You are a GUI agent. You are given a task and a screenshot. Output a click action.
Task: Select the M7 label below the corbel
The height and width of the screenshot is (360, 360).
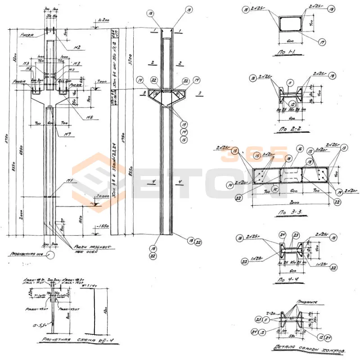[67, 134]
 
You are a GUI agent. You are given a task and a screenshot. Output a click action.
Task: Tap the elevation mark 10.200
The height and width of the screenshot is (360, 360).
[103, 21]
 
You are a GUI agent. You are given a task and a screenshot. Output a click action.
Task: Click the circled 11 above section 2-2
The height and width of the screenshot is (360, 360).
[290, 82]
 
